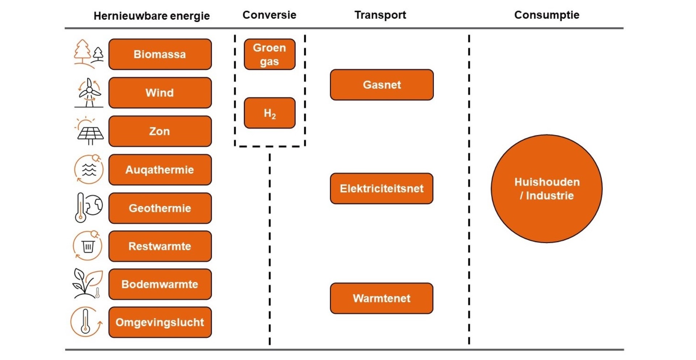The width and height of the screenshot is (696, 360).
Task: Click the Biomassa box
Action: pyautogui.click(x=160, y=54)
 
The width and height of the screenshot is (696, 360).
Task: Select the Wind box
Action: pyautogui.click(x=160, y=93)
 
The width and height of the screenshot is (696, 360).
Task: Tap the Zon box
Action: pyautogui.click(x=160, y=131)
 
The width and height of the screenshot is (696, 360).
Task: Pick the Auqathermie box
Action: pyautogui.click(x=160, y=170)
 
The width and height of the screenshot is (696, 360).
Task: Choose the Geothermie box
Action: pyautogui.click(x=160, y=208)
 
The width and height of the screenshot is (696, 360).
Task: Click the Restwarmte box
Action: pyautogui.click(x=160, y=246)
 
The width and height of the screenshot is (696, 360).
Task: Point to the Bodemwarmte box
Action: pyautogui.click(x=160, y=284)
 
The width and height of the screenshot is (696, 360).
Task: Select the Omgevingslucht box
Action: pyautogui.click(x=160, y=322)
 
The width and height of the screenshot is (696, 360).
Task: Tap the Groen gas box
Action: pyautogui.click(x=269, y=54)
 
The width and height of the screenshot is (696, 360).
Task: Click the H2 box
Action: pyautogui.click(x=269, y=113)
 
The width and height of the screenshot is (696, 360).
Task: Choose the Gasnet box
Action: pyautogui.click(x=382, y=85)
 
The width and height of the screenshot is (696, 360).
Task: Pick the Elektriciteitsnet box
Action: pyautogui.click(x=381, y=188)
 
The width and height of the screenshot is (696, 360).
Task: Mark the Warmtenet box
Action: pyautogui.click(x=381, y=298)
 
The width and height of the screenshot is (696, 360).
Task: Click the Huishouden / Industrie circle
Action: pyautogui.click(x=547, y=189)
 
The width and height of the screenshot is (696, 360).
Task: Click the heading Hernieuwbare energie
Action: pyautogui.click(x=152, y=16)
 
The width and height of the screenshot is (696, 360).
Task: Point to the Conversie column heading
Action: pyautogui.click(x=269, y=15)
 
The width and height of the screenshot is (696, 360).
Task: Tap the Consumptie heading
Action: pyautogui.click(x=547, y=15)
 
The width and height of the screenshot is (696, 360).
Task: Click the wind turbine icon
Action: pyautogui.click(x=89, y=93)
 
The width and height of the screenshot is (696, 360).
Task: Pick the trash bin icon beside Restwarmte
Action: pyautogui.click(x=88, y=246)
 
